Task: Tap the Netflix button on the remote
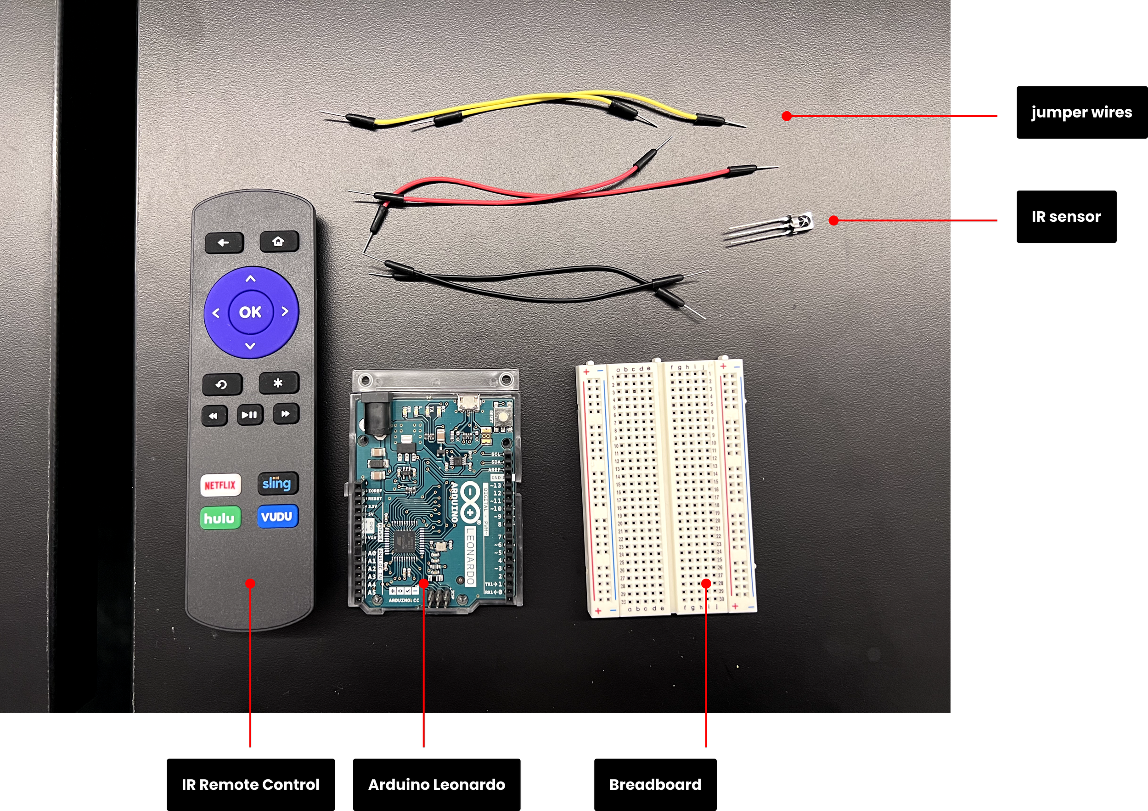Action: (x=220, y=485)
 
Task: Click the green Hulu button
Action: (x=220, y=518)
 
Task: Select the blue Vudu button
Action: (x=277, y=517)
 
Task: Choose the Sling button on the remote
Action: (x=278, y=484)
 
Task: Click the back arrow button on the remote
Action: (x=224, y=243)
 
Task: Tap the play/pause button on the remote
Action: (x=249, y=415)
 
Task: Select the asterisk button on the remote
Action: (x=278, y=383)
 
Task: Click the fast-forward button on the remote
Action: (x=286, y=414)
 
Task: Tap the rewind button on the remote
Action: (x=214, y=416)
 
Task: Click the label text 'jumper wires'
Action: (x=1081, y=113)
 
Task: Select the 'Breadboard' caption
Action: (x=655, y=784)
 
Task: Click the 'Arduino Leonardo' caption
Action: (x=437, y=784)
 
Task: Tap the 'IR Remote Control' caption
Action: (x=250, y=784)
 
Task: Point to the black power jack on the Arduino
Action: (x=376, y=412)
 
